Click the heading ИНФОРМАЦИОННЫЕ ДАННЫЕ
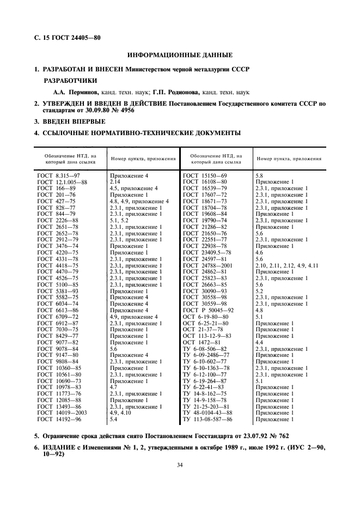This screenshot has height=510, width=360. coord(180,55)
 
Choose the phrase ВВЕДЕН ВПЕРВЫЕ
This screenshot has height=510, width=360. coord(74,122)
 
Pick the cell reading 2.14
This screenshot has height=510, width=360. coord(115,181)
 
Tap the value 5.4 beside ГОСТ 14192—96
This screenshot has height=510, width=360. coord(114,419)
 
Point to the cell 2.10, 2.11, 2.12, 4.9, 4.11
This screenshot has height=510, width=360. coord(286,265)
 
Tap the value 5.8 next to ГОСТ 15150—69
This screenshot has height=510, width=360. coord(259,175)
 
